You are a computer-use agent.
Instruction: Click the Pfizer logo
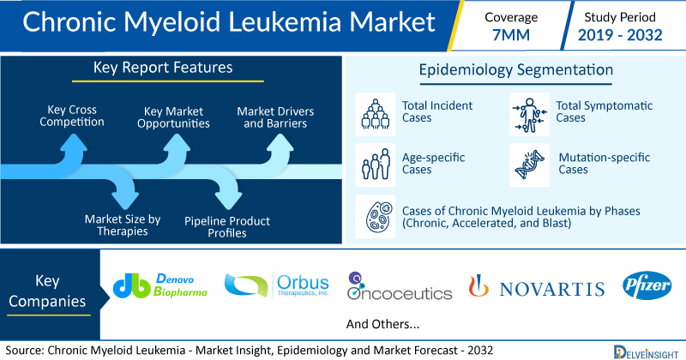tap(647, 285)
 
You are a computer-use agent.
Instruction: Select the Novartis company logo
tap(537, 286)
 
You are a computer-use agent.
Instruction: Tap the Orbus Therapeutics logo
tap(276, 285)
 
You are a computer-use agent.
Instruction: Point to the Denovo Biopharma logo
tap(160, 285)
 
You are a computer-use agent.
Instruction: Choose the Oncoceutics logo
tap(400, 286)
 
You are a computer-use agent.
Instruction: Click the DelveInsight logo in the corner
tap(646, 352)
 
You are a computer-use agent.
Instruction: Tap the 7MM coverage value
tap(511, 35)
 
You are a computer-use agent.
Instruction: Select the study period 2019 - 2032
tap(620, 35)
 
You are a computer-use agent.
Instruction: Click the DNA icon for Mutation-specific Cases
tap(529, 165)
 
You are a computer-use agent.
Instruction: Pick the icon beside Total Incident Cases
tap(376, 114)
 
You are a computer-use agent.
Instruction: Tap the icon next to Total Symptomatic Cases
tap(529, 114)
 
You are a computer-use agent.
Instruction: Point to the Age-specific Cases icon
tap(376, 165)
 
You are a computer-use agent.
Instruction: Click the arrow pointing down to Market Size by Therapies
tap(124, 189)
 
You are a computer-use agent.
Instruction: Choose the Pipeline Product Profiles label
tap(227, 227)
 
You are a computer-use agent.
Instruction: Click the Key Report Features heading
tap(163, 68)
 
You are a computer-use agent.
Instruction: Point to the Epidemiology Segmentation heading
tap(516, 70)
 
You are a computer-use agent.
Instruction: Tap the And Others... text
tap(382, 324)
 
